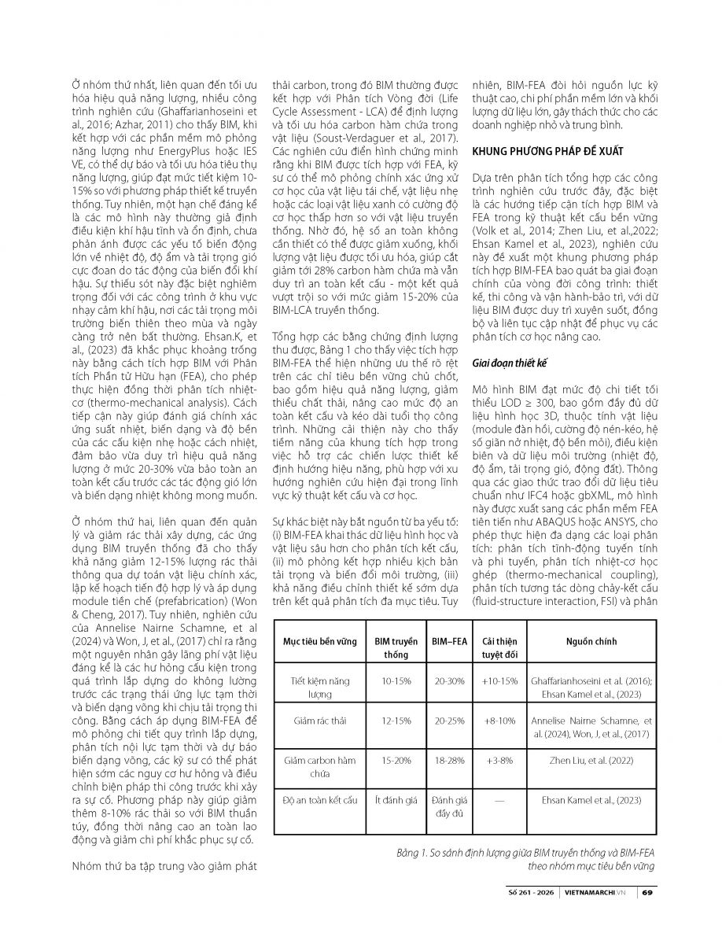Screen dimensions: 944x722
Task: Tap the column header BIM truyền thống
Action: coord(391,648)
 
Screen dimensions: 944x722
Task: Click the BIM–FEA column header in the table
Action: coord(446,642)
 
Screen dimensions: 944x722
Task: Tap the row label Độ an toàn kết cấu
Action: coord(320,800)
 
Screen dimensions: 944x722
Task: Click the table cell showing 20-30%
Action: coord(446,680)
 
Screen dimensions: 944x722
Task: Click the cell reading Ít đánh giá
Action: coord(391,800)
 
